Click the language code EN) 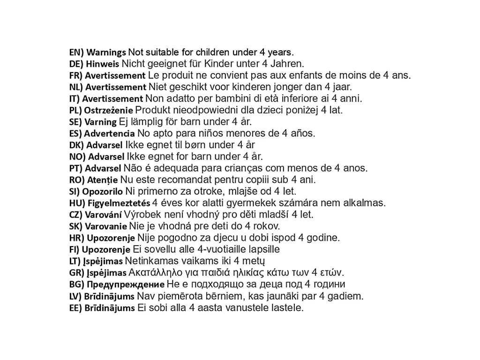[x=77, y=52]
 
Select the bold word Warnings [x=106, y=52]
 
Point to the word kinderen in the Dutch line [x=218, y=87]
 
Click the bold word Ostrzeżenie [x=108, y=111]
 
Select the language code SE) [x=76, y=122]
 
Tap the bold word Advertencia [x=110, y=134]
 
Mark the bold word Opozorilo [x=102, y=192]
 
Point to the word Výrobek [x=141, y=215]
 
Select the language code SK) [x=76, y=226]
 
